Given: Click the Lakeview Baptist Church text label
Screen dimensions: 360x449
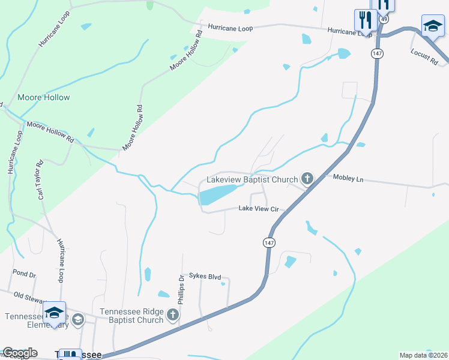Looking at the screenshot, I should coord(252,179).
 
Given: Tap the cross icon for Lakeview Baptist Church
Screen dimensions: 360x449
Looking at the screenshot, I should coord(307,178).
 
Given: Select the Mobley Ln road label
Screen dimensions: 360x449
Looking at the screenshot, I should coord(348,178).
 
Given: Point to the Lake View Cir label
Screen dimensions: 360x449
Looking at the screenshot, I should coord(259,209).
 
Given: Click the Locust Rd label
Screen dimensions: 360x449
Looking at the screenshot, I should coord(424,56).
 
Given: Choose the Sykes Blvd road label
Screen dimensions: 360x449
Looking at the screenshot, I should coord(205,277).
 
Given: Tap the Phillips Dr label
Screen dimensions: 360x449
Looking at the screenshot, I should coord(180,290).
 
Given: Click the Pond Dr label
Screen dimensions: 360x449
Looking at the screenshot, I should coord(25,274).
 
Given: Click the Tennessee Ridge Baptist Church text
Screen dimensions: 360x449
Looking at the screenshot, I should coord(131,316).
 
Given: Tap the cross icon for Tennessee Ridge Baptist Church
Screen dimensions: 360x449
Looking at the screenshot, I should coord(173,314).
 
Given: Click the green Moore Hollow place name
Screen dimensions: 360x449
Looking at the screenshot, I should coord(44,97).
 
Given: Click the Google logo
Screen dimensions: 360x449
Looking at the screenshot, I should coord(20,353).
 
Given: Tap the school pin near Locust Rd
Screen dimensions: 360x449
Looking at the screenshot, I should coord(432,26).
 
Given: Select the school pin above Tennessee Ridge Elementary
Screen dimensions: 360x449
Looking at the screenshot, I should coord(54,313).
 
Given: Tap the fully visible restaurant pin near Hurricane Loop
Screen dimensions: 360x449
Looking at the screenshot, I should coord(365,20).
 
